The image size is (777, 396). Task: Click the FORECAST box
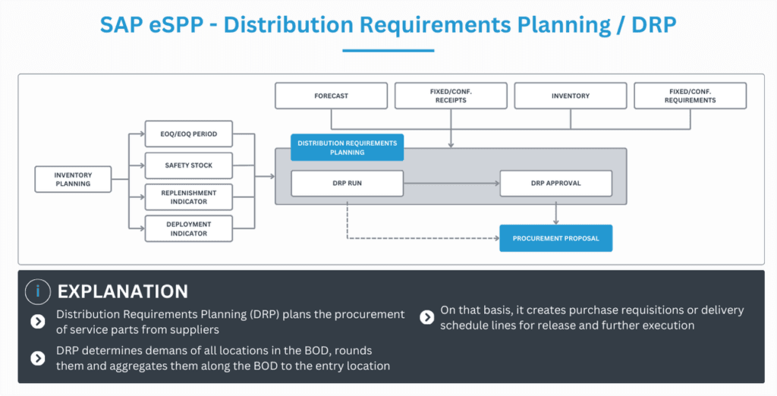[331, 96]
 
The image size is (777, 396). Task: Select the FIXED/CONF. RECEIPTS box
[451, 96]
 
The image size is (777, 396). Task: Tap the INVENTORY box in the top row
[571, 96]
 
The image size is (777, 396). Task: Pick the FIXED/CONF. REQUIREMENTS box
[690, 96]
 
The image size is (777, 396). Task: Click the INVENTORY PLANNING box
[73, 179]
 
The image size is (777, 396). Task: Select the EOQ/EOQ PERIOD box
[188, 134]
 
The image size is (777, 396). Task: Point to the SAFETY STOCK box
[188, 165]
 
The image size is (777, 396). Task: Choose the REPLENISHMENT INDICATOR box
[188, 197]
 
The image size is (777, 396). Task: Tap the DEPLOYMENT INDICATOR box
[188, 229]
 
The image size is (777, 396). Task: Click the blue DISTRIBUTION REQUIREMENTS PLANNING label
[347, 148]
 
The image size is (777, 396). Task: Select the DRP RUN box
[347, 184]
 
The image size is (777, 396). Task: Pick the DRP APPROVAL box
[555, 184]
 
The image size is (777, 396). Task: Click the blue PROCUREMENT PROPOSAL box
[555, 238]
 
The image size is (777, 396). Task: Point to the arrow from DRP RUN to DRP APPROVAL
[451, 184]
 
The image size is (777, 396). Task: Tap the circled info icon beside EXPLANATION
[38, 291]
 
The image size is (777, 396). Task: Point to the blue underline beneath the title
[388, 51]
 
